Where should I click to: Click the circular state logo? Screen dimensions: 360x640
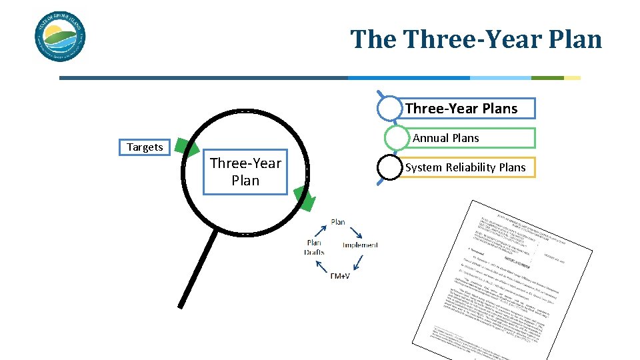click(60, 38)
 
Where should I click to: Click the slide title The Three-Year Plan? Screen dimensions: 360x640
click(476, 39)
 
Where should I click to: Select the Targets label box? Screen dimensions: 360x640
click(145, 147)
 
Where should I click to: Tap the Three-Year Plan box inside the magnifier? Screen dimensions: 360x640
click(245, 172)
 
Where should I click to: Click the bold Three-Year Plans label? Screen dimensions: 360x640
click(461, 109)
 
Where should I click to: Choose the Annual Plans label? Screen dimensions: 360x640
click(446, 138)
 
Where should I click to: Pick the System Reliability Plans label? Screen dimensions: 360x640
click(465, 167)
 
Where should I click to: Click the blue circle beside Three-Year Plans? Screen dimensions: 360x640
click(391, 109)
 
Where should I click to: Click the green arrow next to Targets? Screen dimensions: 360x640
click(186, 148)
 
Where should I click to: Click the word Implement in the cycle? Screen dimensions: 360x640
click(360, 245)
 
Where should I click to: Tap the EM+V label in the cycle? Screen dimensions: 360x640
click(339, 275)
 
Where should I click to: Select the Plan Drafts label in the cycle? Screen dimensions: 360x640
click(314, 247)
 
